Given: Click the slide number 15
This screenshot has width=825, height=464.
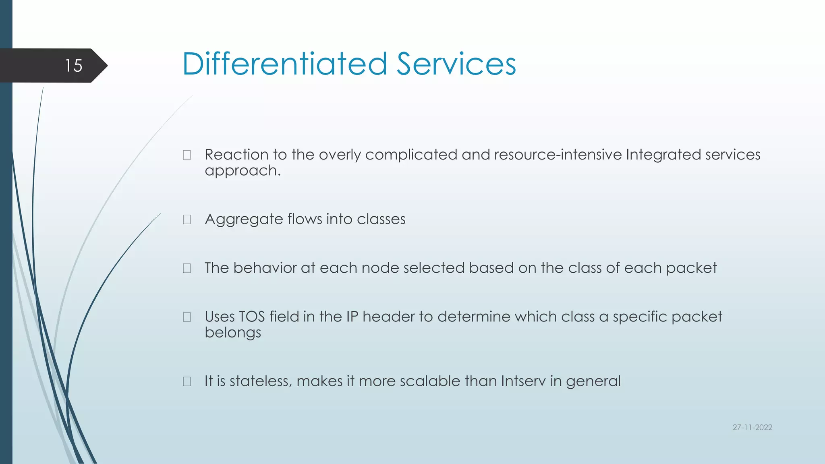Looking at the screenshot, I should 74,66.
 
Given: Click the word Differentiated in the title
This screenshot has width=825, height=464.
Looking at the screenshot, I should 284,64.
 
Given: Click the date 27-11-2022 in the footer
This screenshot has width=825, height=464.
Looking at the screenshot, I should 752,427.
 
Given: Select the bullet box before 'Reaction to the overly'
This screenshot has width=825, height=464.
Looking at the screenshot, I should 187,155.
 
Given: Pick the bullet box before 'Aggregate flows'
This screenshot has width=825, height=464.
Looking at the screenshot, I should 187,220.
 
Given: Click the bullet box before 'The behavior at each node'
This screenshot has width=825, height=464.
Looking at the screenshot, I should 187,268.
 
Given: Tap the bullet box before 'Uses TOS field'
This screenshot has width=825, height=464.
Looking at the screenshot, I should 187,317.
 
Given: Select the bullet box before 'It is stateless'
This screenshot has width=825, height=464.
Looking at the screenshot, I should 187,381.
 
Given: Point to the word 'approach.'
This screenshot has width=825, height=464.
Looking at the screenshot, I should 243,171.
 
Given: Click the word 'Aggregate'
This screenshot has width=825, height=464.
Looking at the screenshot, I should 244,220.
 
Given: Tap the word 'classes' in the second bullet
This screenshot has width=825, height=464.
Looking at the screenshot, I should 381,219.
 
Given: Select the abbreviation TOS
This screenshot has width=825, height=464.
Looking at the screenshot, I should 252,317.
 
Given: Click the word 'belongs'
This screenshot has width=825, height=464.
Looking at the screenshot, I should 233,333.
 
